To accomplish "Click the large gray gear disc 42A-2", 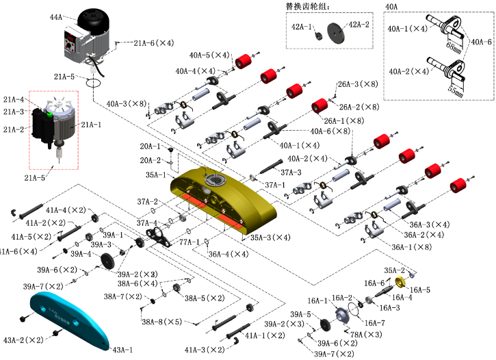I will coord(336,34).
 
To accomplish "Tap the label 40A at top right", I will coord(391,7).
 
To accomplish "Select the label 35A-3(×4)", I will coord(270,237).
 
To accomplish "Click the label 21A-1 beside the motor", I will coord(91,125).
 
